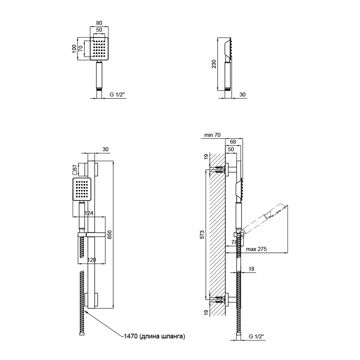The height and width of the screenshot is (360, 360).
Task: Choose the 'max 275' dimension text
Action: coord(256,249)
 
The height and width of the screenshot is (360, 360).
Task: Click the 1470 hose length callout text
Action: coord(154,337)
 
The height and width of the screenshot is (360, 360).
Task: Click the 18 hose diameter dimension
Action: coord(251,270)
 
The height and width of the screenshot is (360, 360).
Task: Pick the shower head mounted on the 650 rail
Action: coord(83,190)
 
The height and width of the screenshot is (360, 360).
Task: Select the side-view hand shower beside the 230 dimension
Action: coord(228,66)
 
